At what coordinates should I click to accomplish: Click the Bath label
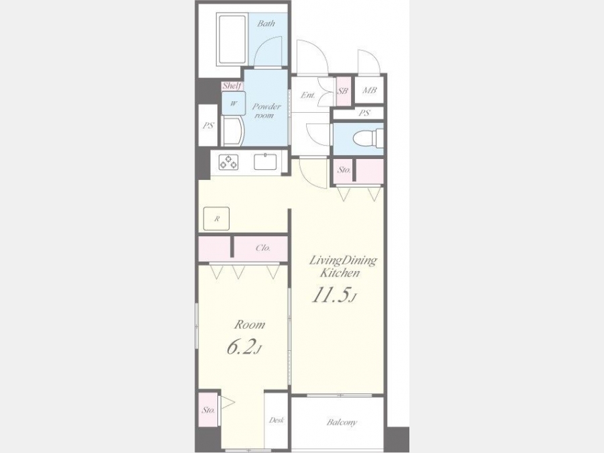tap(266, 23)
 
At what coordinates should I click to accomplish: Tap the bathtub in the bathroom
tap(232, 40)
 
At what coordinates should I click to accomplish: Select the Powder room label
tap(266, 111)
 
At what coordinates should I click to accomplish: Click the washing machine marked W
tap(234, 103)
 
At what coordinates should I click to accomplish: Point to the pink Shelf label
tap(232, 86)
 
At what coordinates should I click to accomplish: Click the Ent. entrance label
tap(308, 95)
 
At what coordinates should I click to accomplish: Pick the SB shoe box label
tap(343, 91)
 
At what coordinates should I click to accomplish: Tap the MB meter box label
tap(369, 91)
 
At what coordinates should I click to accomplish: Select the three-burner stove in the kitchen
tap(228, 162)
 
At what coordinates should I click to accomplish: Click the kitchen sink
tap(265, 161)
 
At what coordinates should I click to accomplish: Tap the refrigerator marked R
tap(217, 219)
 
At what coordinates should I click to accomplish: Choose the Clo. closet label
tap(263, 248)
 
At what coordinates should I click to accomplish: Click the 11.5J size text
tap(334, 295)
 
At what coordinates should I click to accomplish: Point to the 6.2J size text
tap(244, 348)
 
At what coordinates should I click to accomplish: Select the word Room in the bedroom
tap(250, 325)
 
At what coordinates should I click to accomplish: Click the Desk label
tap(276, 420)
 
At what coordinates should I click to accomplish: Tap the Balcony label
tap(342, 422)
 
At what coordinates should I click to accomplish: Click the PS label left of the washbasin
tap(209, 125)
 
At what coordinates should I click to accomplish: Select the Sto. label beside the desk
tap(208, 410)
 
